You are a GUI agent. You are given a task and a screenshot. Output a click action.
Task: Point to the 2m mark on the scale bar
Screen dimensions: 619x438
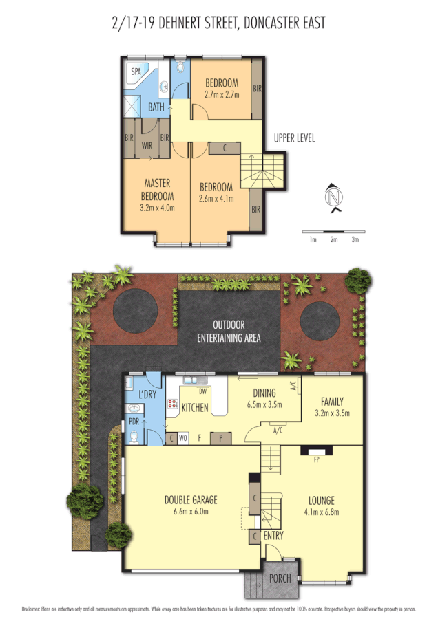pyautogui.click(x=334, y=239)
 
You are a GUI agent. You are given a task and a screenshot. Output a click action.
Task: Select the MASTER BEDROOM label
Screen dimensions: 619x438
pyautogui.click(x=157, y=188)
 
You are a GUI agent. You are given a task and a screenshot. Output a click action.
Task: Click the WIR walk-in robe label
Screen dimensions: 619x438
pyautogui.click(x=147, y=145)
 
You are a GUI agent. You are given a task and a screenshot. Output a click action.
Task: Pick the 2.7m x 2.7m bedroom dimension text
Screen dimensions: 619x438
pyautogui.click(x=222, y=95)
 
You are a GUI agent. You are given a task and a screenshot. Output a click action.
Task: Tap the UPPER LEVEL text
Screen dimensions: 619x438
pyautogui.click(x=294, y=138)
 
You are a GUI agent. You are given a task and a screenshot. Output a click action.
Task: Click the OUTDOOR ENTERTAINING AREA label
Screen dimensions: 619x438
pyautogui.click(x=229, y=330)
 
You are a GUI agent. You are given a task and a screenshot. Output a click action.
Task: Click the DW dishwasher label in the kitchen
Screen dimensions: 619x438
pyautogui.click(x=202, y=391)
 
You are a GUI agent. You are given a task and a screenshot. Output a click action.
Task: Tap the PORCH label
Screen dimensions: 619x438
pyautogui.click(x=279, y=578)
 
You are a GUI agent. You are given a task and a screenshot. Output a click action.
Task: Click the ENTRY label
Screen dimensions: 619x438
pyautogui.click(x=273, y=535)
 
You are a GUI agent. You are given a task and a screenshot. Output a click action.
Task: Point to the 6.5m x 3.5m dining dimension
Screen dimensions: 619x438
pyautogui.click(x=264, y=405)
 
